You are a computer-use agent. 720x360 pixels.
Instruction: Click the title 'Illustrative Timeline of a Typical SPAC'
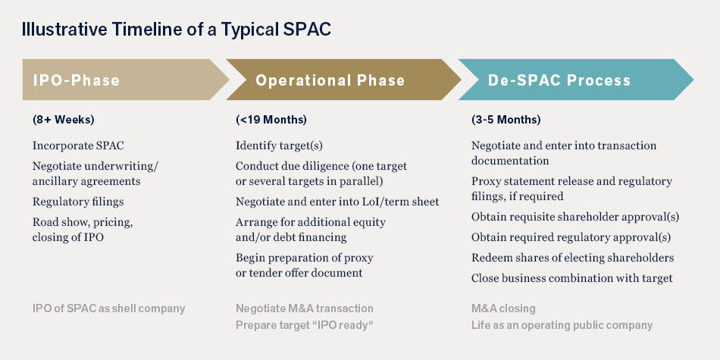[177, 30]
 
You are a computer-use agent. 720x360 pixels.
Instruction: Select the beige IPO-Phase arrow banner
[125, 80]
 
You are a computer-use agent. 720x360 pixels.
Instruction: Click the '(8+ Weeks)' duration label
[64, 120]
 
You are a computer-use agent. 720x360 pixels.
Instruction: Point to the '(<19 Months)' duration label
[271, 120]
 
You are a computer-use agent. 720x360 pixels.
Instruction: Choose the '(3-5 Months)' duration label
[506, 120]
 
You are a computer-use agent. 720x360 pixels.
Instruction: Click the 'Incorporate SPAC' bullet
[78, 146]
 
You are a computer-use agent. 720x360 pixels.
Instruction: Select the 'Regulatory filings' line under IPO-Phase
[78, 202]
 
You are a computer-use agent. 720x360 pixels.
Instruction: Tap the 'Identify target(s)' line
[279, 146]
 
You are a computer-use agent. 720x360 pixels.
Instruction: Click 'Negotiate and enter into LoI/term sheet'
[337, 202]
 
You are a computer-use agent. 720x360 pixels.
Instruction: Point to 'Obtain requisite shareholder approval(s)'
[575, 216]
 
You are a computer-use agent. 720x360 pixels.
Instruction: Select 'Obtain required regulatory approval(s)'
[571, 237]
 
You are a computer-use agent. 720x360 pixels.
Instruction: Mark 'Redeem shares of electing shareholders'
[573, 258]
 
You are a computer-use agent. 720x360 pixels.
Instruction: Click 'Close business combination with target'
[571, 278]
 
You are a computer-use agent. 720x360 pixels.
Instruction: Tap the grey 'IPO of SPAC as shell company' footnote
[108, 308]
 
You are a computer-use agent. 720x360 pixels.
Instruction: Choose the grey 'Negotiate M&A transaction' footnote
[305, 308]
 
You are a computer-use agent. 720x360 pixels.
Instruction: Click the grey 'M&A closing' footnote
[503, 308]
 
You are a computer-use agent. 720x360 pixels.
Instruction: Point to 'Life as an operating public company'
[562, 326]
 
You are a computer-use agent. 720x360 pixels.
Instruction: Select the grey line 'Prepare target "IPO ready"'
[305, 326]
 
